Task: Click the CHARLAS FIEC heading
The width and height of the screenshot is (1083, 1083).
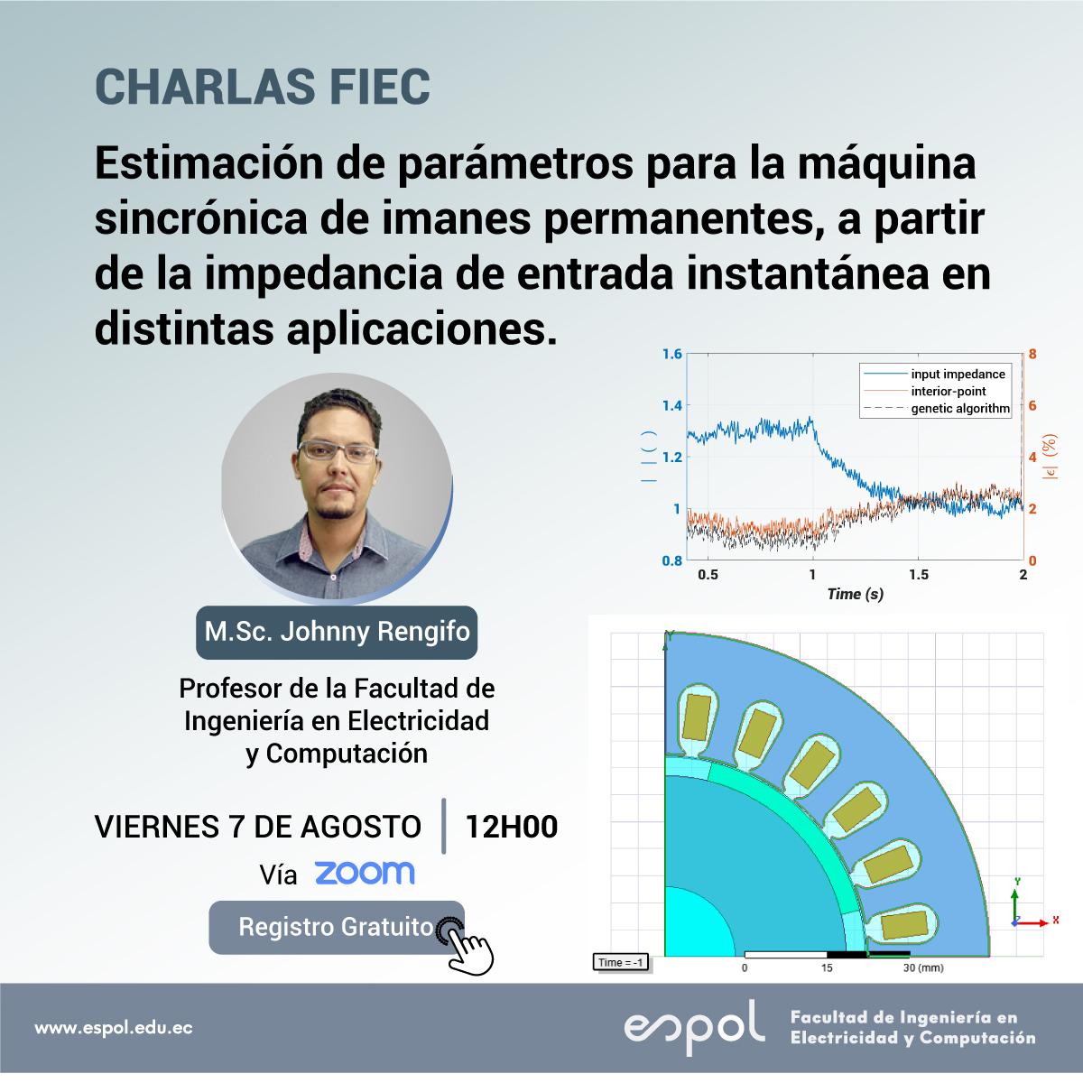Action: point(263,87)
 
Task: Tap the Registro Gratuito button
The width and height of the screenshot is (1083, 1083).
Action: point(336,928)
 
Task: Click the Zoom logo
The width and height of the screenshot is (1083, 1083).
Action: point(365,873)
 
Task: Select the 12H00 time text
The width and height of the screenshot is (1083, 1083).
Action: point(512,827)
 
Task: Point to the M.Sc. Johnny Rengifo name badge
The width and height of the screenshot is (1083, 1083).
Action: point(337,633)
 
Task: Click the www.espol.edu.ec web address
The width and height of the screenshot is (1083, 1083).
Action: point(114,1028)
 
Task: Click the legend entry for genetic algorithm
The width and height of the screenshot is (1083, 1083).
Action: point(936,409)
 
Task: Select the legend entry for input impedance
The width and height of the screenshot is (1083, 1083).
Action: point(934,374)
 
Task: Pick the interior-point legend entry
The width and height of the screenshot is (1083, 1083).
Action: point(924,391)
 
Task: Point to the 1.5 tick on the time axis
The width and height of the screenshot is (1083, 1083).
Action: point(919,574)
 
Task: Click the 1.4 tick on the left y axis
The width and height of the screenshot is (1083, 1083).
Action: point(672,405)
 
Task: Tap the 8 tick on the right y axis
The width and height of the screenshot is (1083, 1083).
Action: point(1032,354)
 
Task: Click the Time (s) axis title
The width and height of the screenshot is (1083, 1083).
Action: point(856,594)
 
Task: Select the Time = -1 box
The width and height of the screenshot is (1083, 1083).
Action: point(620,962)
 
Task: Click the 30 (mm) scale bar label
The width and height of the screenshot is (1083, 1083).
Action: point(923,967)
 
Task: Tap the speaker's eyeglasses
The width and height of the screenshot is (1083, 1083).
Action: point(338,451)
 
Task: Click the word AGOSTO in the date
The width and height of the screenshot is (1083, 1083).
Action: point(361,828)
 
